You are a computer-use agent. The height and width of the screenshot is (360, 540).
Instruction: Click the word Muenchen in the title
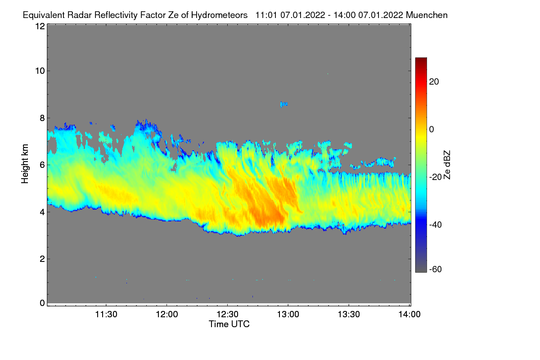pyautogui.click(x=427, y=15)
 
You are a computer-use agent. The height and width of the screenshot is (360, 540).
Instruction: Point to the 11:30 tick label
pyautogui.click(x=106, y=315)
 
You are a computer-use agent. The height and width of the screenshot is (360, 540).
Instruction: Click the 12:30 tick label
pyautogui.click(x=228, y=315)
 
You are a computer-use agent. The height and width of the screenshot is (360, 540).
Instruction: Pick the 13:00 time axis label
pyautogui.click(x=288, y=315)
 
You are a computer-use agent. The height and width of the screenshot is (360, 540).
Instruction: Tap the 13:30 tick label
pyautogui.click(x=349, y=315)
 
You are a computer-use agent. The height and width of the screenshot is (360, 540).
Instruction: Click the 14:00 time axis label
pyautogui.click(x=409, y=315)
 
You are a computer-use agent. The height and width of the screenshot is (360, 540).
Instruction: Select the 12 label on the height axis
pyautogui.click(x=40, y=27)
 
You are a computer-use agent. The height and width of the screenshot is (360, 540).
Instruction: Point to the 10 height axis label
pyautogui.click(x=40, y=71)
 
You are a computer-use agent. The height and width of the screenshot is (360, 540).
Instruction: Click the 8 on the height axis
pyautogui.click(x=42, y=118)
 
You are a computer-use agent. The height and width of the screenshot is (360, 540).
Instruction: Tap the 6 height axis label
pyautogui.click(x=42, y=165)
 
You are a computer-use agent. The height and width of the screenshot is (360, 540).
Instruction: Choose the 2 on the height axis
pyautogui.click(x=42, y=259)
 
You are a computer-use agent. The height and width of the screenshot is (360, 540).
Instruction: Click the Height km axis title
pyautogui.click(x=25, y=163)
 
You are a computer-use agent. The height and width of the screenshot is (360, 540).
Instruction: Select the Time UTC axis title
pyautogui.click(x=229, y=324)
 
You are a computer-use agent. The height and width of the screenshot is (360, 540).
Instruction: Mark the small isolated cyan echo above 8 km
pyautogui.click(x=283, y=104)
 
